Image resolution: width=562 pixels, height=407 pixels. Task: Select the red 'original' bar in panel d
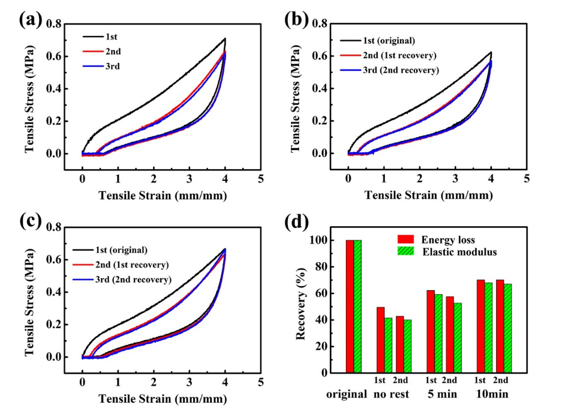pos(349,306)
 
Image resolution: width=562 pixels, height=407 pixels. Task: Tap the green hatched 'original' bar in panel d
pos(357,306)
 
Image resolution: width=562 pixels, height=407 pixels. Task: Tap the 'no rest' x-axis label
pos(392,395)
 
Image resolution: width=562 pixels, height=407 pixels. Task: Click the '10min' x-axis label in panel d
pos(492,395)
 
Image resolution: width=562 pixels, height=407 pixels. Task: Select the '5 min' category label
pos(443,395)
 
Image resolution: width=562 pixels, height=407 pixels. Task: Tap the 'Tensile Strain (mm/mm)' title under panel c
pos(162,400)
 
